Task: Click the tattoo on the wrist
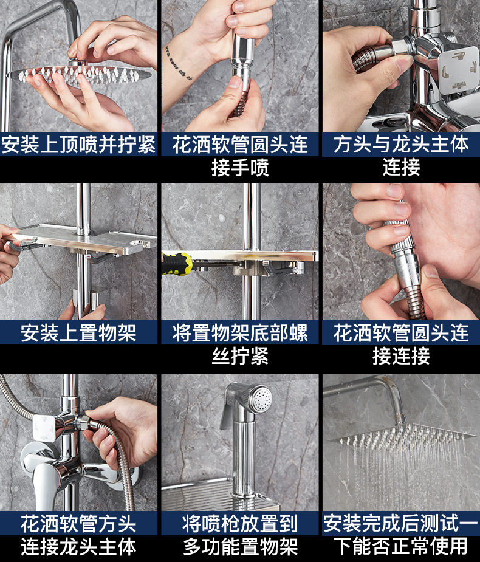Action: click(x=179, y=63)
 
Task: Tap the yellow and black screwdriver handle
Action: click(x=177, y=264)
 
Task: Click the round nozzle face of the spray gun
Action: click(x=261, y=399)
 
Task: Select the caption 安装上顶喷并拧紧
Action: click(x=78, y=145)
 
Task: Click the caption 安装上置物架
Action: click(x=78, y=332)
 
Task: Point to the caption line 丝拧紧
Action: click(x=240, y=356)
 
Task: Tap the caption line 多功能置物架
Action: click(x=240, y=547)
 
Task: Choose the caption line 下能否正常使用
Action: click(x=401, y=547)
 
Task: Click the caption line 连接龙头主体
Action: click(x=78, y=547)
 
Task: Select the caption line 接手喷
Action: click(x=240, y=167)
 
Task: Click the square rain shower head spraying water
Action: click(x=403, y=436)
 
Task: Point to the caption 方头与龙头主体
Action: click(x=401, y=145)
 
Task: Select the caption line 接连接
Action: click(x=401, y=356)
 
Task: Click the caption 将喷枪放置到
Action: click(x=240, y=524)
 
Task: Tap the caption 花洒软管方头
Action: click(x=78, y=524)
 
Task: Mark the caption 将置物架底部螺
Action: click(x=240, y=332)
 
